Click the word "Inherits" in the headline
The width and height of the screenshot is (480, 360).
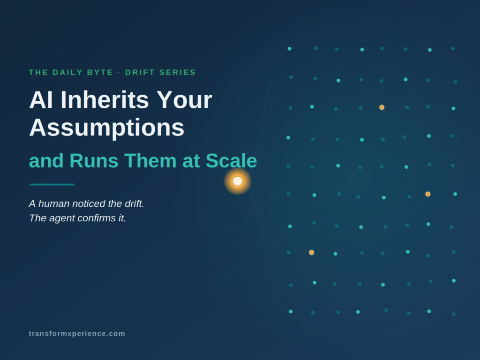[x=105, y=100]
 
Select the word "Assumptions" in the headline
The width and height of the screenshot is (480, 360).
[x=107, y=127]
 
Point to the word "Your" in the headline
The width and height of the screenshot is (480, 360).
[x=184, y=100]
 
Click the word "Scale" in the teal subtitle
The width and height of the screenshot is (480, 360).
[x=231, y=160]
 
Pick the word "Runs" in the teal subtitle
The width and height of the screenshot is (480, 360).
[x=94, y=160]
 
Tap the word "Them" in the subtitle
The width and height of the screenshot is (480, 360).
[x=150, y=160]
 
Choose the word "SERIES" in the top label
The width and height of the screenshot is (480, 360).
[x=178, y=73]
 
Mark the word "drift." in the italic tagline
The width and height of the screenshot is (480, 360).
[x=135, y=203]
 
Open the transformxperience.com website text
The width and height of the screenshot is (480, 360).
[x=77, y=334]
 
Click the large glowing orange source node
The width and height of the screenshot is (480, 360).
[x=238, y=181]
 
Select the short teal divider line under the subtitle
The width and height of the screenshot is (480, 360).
[x=52, y=185]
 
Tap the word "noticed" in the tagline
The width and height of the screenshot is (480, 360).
[x=88, y=203]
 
